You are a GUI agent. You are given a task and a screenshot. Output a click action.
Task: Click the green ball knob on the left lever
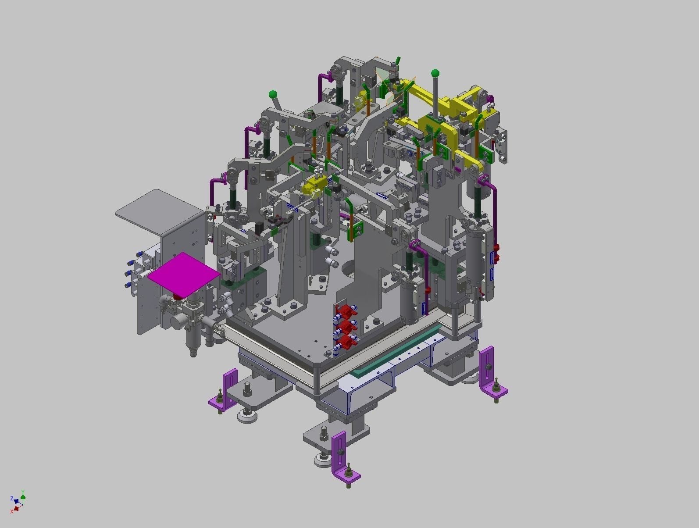[273, 94]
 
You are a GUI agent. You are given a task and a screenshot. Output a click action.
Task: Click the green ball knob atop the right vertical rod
[435, 73]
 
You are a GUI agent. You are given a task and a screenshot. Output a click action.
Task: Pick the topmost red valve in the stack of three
[346, 312]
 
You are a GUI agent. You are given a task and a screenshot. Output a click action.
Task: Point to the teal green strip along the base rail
[395, 355]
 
